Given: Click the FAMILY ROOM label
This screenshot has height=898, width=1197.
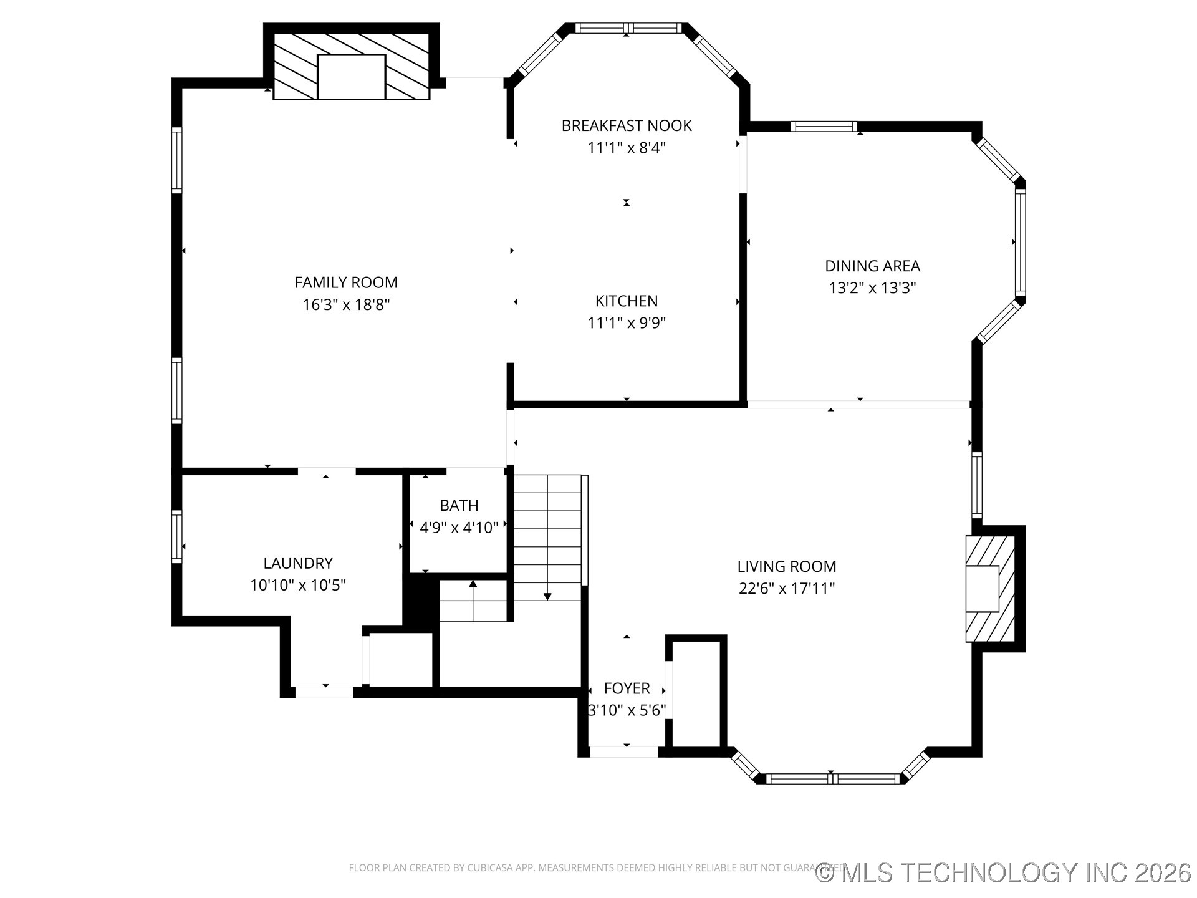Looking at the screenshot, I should click(x=346, y=282).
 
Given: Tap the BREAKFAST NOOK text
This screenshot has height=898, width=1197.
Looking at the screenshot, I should click(x=627, y=126).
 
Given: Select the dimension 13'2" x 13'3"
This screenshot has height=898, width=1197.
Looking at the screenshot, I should click(x=872, y=288).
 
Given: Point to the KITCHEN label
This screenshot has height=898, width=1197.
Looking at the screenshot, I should click(x=627, y=301).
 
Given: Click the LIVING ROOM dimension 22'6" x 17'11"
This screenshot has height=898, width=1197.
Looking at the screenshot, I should click(x=787, y=589).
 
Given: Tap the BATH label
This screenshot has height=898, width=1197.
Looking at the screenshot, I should click(x=459, y=506).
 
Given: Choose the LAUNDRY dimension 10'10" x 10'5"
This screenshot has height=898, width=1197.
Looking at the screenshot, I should click(x=298, y=586).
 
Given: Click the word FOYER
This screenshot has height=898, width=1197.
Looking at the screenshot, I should click(x=627, y=688).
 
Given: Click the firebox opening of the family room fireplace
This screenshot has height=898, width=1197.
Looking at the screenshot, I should click(x=351, y=77).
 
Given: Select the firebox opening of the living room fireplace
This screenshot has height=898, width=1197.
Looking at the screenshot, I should click(x=983, y=589).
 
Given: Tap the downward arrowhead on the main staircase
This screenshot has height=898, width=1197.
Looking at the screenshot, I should click(x=547, y=597).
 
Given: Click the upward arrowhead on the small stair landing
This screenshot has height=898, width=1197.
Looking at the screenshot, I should click(x=473, y=584).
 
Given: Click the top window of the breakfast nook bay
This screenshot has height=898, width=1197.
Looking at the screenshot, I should click(x=627, y=28).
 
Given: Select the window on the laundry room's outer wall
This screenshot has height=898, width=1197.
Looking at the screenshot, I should click(x=177, y=537).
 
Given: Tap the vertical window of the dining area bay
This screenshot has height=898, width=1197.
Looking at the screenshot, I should click(x=1020, y=242).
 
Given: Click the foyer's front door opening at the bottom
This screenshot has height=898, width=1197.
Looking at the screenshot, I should click(x=623, y=752).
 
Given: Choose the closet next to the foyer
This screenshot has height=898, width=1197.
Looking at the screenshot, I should click(x=696, y=692).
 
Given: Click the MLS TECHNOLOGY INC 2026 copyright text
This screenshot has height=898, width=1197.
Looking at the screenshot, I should click(x=1004, y=872).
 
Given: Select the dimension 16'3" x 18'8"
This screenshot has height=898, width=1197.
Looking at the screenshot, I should click(x=346, y=305).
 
